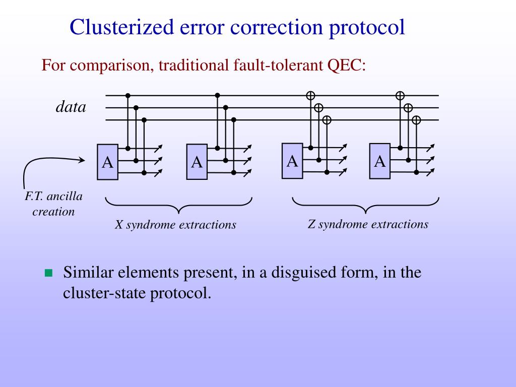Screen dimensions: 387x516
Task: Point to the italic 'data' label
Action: (71, 107)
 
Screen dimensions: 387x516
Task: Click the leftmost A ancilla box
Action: (108, 162)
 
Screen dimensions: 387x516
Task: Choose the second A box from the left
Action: (197, 162)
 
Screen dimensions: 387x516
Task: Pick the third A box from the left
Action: (292, 161)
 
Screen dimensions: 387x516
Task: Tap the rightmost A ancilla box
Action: (380, 161)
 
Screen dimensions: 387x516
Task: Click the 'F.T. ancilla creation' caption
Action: (53, 204)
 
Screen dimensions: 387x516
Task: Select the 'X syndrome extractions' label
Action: (175, 225)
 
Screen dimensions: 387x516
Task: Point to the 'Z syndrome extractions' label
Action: (368, 224)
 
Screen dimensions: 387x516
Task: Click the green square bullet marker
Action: (48, 274)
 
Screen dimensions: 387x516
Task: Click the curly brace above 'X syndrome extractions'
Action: (178, 205)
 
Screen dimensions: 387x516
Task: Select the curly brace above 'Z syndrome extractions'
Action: (366, 205)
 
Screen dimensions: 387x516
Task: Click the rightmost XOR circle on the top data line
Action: (400, 95)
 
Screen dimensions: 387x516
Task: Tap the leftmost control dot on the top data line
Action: (128, 95)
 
